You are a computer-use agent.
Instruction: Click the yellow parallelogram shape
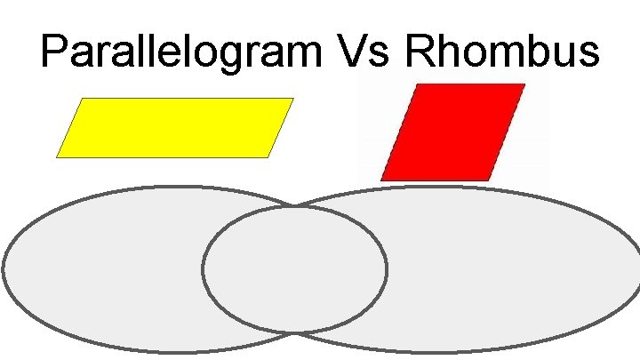[x=175, y=128]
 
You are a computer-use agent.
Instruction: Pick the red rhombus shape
[x=452, y=132]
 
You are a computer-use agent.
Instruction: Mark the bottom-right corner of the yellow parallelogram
[x=268, y=157]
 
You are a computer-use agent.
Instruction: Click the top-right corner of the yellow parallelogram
[x=293, y=99]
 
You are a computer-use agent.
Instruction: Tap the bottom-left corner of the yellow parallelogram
[x=57, y=157]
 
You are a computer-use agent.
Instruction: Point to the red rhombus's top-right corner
[x=524, y=85]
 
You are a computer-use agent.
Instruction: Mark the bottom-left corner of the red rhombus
[x=381, y=180]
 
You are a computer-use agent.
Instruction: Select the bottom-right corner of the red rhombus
[x=491, y=180]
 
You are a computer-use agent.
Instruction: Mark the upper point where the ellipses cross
[x=295, y=207]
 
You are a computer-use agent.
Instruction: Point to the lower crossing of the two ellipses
[x=296, y=332]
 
